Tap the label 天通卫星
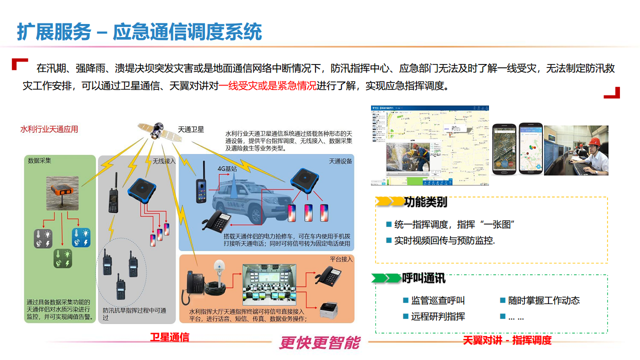click(x=191, y=129)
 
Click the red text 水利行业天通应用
click(x=49, y=129)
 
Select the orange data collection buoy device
click(x=62, y=191)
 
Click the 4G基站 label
click(x=227, y=168)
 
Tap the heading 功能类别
click(x=425, y=202)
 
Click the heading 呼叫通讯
click(x=424, y=278)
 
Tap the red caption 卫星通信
click(x=170, y=337)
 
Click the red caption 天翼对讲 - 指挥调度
click(x=507, y=340)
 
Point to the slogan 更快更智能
click(x=319, y=342)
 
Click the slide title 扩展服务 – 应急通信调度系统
click(x=139, y=32)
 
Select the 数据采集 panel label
click(x=39, y=161)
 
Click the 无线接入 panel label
click(x=164, y=161)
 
